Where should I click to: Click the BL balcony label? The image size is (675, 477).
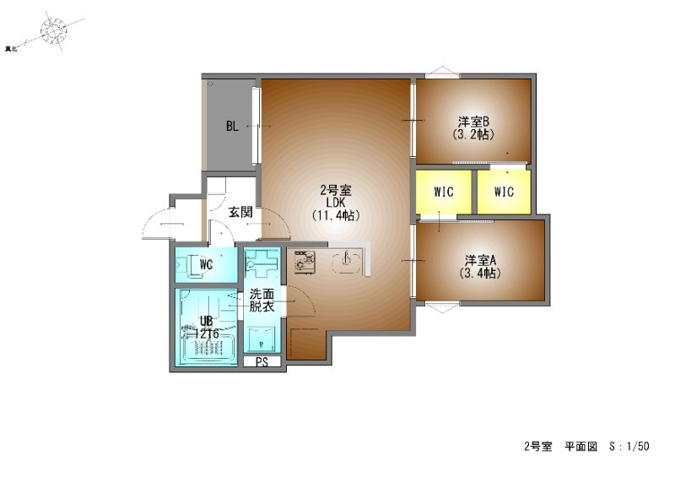[231, 127]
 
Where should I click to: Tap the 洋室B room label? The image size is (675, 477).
[473, 122]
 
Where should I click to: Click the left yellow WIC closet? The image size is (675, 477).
[444, 192]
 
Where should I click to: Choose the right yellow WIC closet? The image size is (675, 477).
[504, 192]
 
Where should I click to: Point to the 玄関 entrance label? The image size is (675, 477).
[240, 212]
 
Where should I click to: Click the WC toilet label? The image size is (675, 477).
[205, 265]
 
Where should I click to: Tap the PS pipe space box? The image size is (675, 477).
[262, 362]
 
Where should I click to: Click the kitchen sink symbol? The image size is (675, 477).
[346, 263]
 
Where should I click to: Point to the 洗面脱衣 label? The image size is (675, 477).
[262, 301]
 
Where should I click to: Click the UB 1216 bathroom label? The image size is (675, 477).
[206, 328]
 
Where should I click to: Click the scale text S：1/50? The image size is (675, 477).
[629, 446]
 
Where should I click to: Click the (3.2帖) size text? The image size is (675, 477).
[473, 134]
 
